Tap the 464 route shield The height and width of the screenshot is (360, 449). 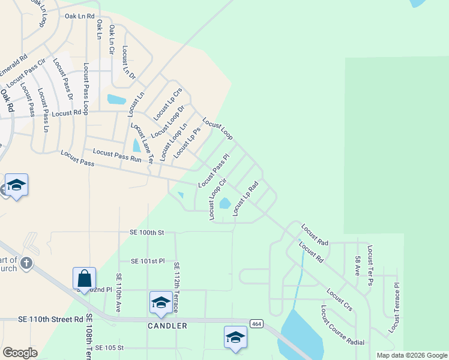pos(256,324)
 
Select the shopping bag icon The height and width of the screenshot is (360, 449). pos(84,279)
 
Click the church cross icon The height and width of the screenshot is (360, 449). pos(26,263)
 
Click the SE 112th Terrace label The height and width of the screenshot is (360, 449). pos(176,287)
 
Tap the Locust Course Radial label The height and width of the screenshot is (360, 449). pos(342,326)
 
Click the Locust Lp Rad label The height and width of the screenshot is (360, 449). pos(246,198)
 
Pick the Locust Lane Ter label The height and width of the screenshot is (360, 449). pos(143,143)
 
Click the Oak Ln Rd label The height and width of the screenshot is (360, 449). pos(80,16)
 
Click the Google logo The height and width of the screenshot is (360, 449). pos(20,353)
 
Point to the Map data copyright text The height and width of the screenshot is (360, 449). pos(412,355)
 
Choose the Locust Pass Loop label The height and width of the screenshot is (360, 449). pos(86,88)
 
